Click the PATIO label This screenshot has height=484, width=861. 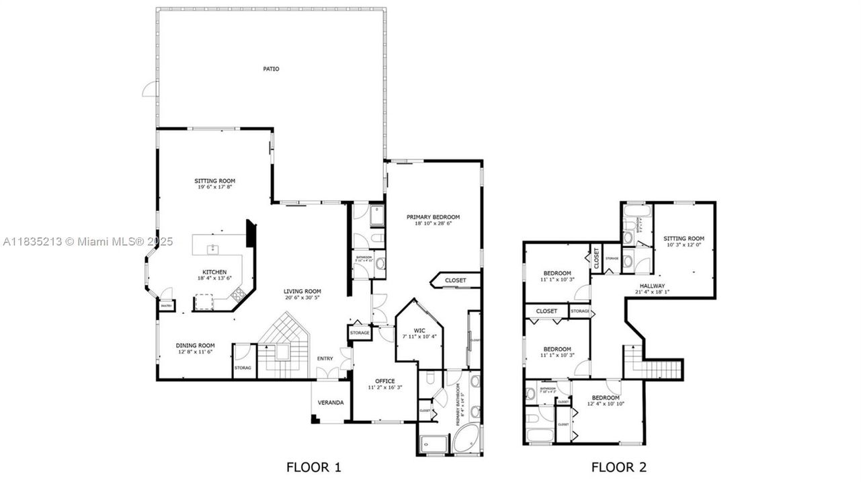coord(271,69)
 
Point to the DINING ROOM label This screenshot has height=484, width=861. coord(196,346)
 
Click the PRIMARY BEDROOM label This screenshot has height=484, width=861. coord(433,216)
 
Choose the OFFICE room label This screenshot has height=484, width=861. coord(385,381)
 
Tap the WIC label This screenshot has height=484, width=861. coord(419,330)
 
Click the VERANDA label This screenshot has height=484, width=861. coord(331,403)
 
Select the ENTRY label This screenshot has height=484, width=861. coord(325,358)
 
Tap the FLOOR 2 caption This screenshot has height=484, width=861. coord(618,467)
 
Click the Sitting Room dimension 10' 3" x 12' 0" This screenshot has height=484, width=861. coord(684,245)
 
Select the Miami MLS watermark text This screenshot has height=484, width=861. coord(88,241)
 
